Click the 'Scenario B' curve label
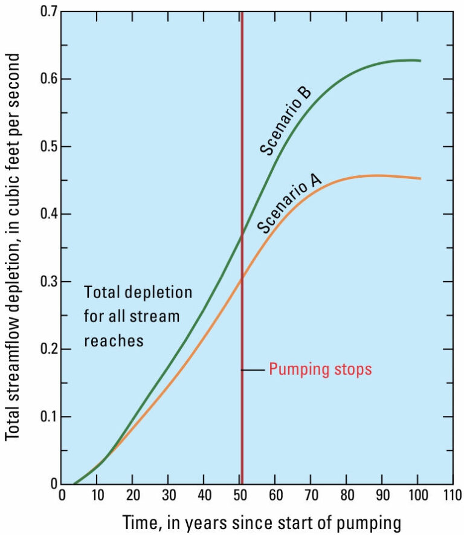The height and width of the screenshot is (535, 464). coord(286,121)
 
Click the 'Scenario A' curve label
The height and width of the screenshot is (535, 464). coord(290,204)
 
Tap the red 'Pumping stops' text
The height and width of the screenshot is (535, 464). coord(320,369)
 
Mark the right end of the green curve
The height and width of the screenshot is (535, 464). coord(420,61)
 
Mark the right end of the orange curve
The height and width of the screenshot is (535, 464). coord(420,178)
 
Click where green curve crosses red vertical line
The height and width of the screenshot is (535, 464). coord(242,237)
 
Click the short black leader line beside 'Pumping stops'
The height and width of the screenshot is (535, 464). coord(254,369)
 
